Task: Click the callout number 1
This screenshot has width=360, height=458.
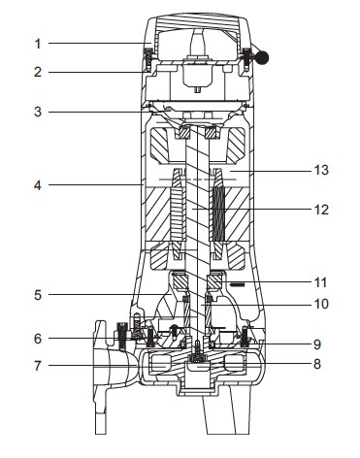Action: (x=38, y=44)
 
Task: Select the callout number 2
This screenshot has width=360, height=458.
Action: (x=38, y=72)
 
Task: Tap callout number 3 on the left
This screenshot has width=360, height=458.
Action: (x=38, y=112)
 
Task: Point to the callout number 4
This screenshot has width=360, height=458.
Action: (x=38, y=185)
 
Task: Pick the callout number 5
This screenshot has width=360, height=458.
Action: (x=38, y=295)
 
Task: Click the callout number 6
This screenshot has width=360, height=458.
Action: (x=38, y=339)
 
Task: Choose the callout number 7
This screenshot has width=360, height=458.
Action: (x=38, y=366)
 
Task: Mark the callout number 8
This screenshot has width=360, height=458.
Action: (x=317, y=364)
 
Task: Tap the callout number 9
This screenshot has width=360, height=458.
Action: (x=317, y=344)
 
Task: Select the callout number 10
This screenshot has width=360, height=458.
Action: (x=321, y=304)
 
